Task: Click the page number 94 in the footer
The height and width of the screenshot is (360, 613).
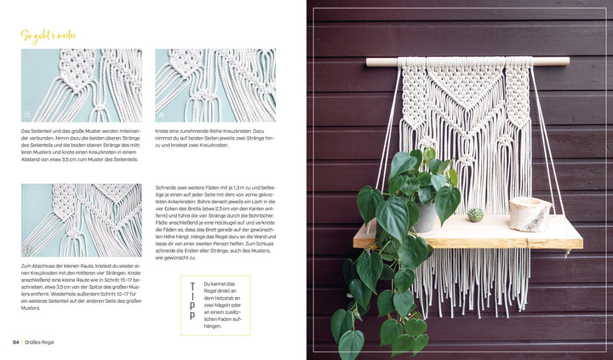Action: pyautogui.click(x=15, y=342)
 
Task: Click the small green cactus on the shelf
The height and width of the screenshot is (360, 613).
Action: pyautogui.click(x=476, y=214)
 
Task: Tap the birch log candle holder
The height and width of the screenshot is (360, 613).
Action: pyautogui.click(x=530, y=214)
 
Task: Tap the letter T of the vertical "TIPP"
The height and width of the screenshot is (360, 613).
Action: pyautogui.click(x=192, y=286)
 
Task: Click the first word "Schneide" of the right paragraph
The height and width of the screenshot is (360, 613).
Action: pyautogui.click(x=168, y=186)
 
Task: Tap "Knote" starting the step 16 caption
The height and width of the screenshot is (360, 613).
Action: pyautogui.click(x=164, y=131)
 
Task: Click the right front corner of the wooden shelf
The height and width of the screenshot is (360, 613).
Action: pyautogui.click(x=581, y=244)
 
